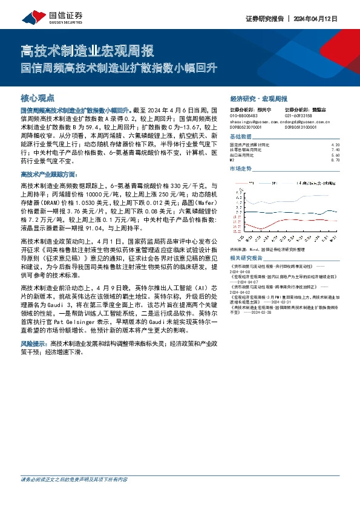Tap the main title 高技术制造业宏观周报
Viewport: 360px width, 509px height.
[87, 50]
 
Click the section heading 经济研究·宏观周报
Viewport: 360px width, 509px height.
[259, 98]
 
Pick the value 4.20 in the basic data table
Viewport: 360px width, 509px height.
[336, 146]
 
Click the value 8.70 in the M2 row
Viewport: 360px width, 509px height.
[336, 160]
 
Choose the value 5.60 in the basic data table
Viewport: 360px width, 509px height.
[336, 155]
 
